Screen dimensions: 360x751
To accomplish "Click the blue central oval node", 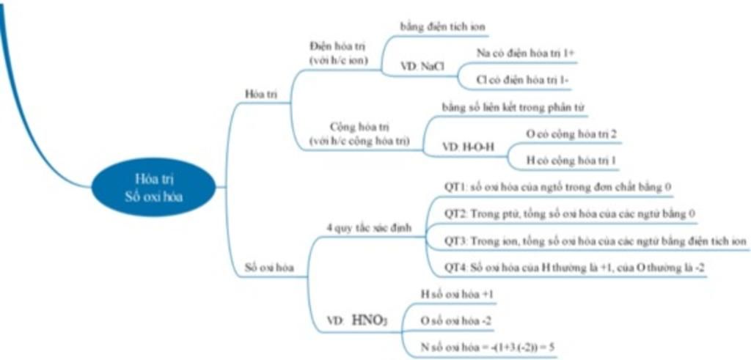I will [x=154, y=188].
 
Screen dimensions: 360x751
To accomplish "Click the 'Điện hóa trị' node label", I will [x=338, y=51].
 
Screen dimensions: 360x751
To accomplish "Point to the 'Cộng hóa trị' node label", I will [x=359, y=133].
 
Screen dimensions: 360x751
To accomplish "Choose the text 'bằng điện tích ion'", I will [x=442, y=26].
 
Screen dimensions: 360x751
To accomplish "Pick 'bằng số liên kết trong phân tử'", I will [x=513, y=107].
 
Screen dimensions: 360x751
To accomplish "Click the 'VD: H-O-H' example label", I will [x=469, y=147].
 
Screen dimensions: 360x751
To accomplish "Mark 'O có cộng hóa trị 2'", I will [x=571, y=134].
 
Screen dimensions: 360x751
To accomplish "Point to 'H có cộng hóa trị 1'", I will [x=572, y=159].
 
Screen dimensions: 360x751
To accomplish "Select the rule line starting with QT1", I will [x=558, y=187].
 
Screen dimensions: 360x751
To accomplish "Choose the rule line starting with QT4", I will [x=575, y=268].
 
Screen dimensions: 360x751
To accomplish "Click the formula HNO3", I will [x=370, y=319].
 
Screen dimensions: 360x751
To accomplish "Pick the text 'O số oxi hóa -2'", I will [x=457, y=320].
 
